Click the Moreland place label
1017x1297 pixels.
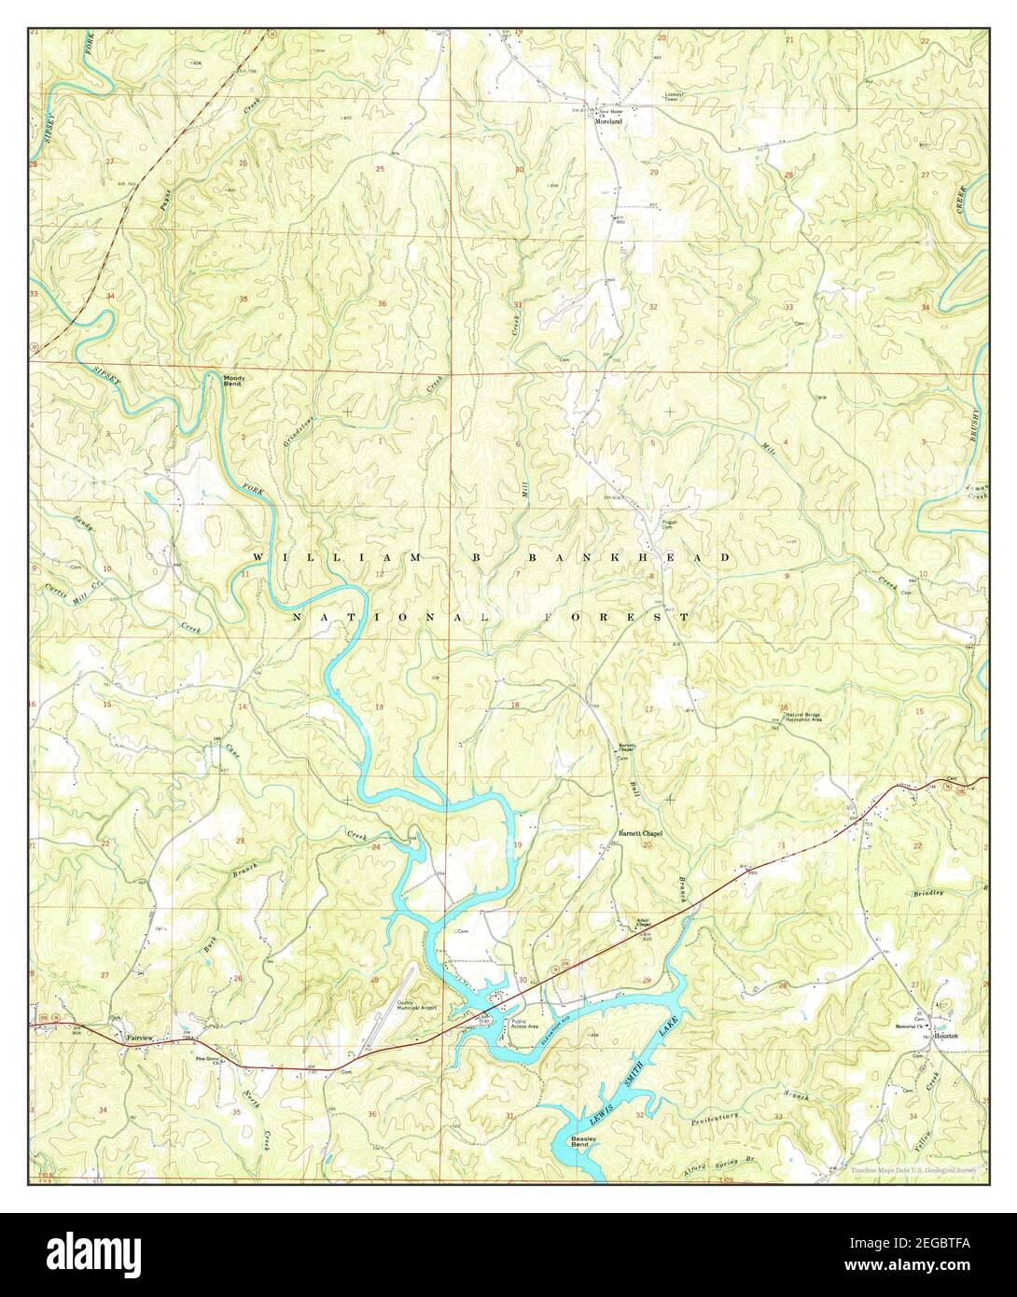coord(609,120)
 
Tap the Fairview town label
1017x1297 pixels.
coord(133,1036)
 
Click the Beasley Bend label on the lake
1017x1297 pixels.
coord(587,1144)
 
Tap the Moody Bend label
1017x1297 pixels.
coord(233,380)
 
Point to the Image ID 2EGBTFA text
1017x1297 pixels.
coord(933,1246)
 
